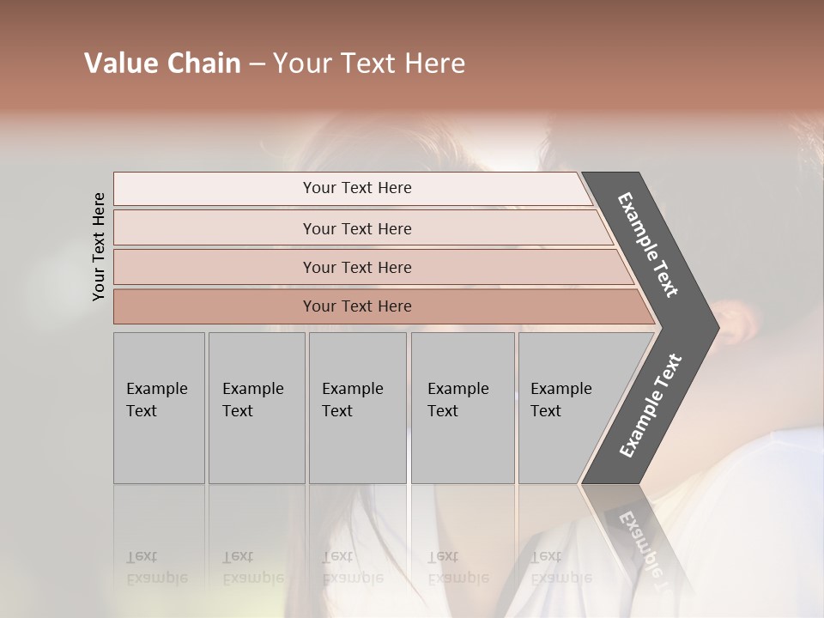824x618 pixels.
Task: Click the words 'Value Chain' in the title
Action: [162, 64]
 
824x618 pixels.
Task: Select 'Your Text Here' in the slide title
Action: [369, 64]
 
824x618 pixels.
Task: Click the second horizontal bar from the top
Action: [357, 228]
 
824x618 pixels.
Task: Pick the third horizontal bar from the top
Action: [357, 267]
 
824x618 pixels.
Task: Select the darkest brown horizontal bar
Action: [357, 306]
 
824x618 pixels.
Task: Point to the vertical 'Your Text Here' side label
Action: [99, 246]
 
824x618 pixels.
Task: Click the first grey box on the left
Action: [159, 408]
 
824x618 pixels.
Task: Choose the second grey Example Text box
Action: [257, 408]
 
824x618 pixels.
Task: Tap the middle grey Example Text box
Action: [357, 408]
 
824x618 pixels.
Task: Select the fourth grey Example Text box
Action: [463, 408]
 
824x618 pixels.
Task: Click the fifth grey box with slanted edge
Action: [566, 408]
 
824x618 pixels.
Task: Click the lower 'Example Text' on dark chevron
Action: [650, 406]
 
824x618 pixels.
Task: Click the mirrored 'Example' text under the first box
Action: [156, 578]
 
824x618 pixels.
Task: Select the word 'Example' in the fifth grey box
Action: [561, 389]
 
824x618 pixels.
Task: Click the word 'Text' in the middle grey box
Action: [336, 411]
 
